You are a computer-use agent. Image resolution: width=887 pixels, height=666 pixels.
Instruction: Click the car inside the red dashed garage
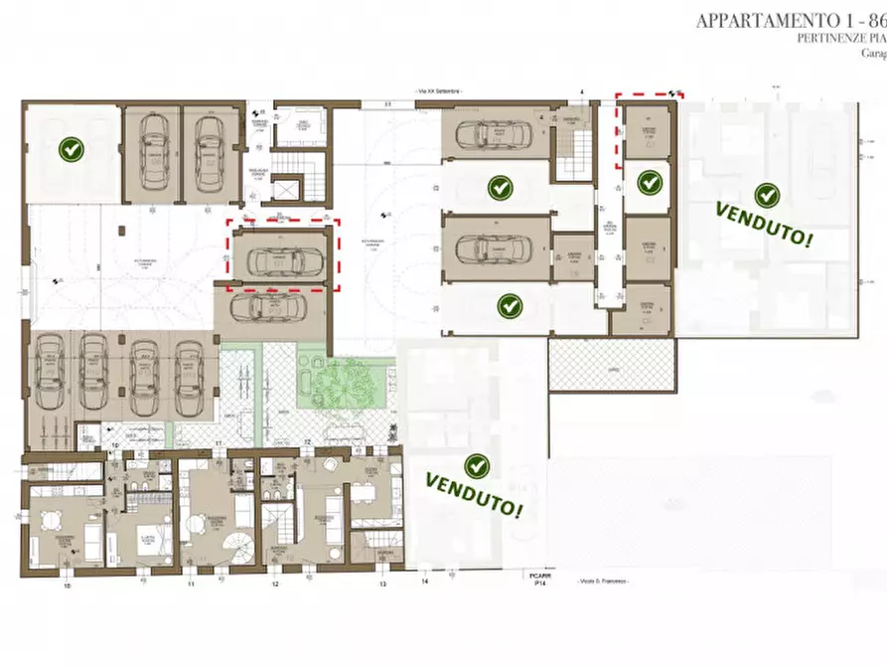(283, 260)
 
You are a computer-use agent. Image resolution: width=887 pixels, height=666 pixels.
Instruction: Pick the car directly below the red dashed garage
(270, 309)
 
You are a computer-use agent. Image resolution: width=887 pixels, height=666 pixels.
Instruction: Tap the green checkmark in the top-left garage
(71, 150)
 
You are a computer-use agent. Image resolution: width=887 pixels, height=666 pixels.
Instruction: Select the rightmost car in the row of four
(188, 376)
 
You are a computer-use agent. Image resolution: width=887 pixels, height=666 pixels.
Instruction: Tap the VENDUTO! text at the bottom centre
(475, 494)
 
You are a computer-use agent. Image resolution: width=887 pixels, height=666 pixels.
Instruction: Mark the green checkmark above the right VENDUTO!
(765, 195)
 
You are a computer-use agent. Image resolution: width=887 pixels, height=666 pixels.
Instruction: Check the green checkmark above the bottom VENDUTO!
(477, 465)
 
